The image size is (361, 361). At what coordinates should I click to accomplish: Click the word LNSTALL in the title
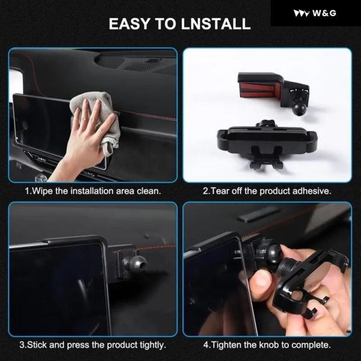[216, 23]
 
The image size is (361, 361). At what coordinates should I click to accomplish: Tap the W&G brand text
[324, 13]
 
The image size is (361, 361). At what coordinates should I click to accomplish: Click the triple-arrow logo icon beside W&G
[301, 13]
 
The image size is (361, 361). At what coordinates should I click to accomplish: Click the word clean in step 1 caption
[149, 191]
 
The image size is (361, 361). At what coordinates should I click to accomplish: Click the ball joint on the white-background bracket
[300, 108]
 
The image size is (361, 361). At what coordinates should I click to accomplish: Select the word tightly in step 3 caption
[153, 345]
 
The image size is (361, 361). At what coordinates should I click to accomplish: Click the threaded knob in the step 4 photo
[286, 267]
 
